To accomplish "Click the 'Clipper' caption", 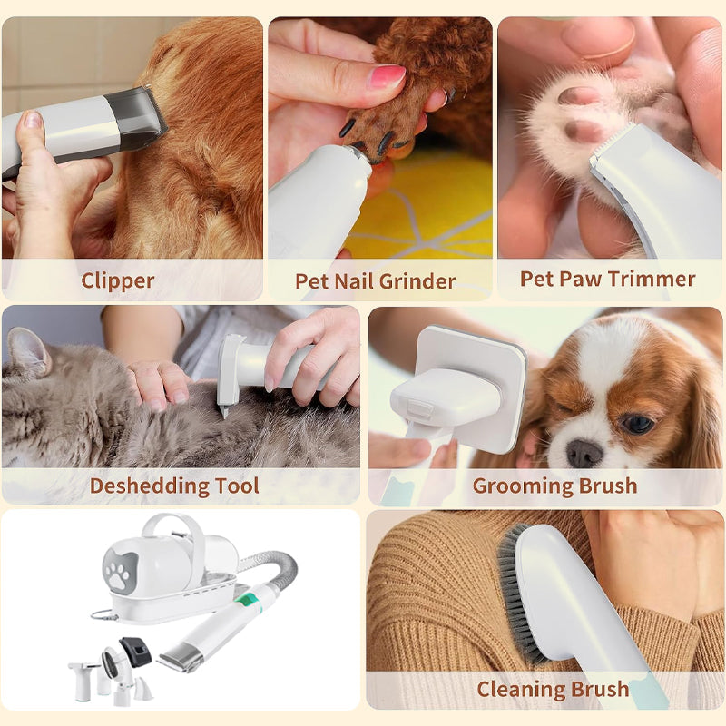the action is pyautogui.click(x=118, y=281).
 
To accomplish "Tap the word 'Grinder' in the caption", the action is pyautogui.click(x=420, y=281).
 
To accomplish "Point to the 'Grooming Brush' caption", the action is pyautogui.click(x=554, y=486).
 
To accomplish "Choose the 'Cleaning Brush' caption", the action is pyautogui.click(x=553, y=689).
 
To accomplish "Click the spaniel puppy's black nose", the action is pyautogui.click(x=584, y=453).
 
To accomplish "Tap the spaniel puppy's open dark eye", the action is pyautogui.click(x=638, y=422).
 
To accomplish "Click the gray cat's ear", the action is pyautogui.click(x=29, y=352).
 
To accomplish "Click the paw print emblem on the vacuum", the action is pyautogui.click(x=121, y=571).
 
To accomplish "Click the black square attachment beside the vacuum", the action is pyautogui.click(x=135, y=652).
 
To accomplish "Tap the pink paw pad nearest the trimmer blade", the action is pyautogui.click(x=584, y=132).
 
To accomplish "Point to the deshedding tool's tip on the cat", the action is pyautogui.click(x=225, y=411).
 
